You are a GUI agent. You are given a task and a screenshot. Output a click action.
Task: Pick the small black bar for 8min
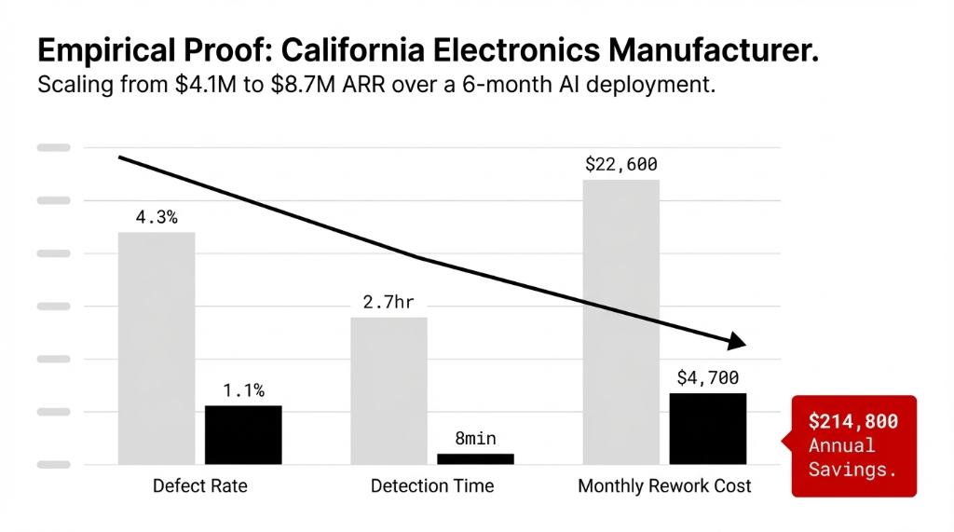[x=475, y=458]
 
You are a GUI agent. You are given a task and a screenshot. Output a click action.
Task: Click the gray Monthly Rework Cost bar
[x=620, y=321]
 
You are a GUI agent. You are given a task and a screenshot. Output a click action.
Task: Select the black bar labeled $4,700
[x=708, y=428]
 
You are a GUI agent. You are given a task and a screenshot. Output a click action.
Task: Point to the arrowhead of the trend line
[x=736, y=341]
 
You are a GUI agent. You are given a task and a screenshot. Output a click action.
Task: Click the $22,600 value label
[x=620, y=165]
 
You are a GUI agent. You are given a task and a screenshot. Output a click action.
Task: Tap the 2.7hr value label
[x=388, y=302]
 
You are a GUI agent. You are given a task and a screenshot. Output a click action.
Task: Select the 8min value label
[x=475, y=438]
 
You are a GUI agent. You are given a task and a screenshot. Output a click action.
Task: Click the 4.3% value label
[x=157, y=217]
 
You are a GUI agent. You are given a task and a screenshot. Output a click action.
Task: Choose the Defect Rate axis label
[x=200, y=486]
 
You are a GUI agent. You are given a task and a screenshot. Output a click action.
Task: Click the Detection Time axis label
[x=432, y=486]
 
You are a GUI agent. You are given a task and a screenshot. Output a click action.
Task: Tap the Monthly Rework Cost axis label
[x=664, y=486]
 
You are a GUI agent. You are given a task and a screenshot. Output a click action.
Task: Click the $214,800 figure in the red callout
[x=853, y=422]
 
